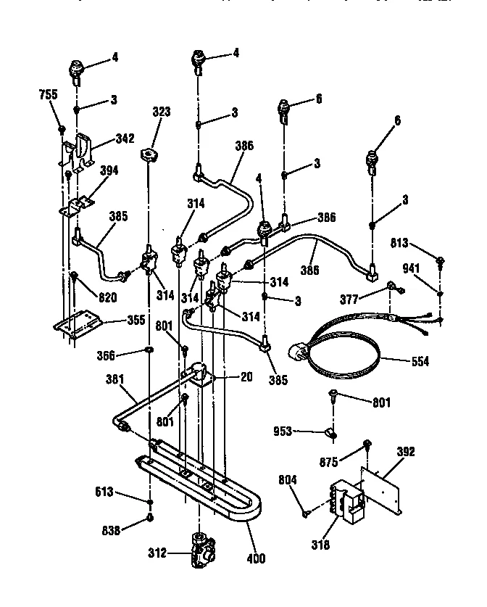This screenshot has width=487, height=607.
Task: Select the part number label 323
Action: pos(161,112)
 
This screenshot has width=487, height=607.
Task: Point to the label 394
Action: pos(108,170)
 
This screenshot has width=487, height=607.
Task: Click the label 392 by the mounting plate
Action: pos(407,452)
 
